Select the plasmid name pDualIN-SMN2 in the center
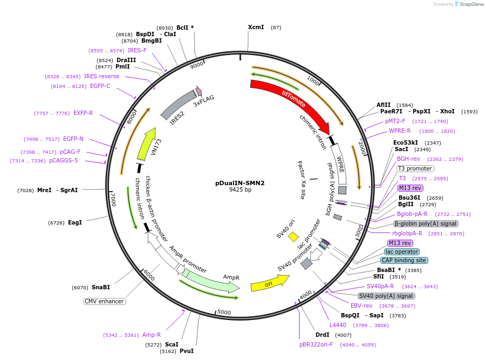(240, 183)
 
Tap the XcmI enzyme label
(256, 27)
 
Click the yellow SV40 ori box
(293, 236)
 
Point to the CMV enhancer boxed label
(104, 301)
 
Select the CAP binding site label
(404, 260)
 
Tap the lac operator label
(402, 252)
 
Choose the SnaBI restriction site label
(100, 287)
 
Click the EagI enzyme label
(75, 222)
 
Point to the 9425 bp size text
(240, 190)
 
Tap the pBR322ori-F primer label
(316, 344)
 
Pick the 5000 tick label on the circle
(224, 313)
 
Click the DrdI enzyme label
(323, 335)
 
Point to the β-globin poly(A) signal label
(426, 223)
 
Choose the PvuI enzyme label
(186, 351)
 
